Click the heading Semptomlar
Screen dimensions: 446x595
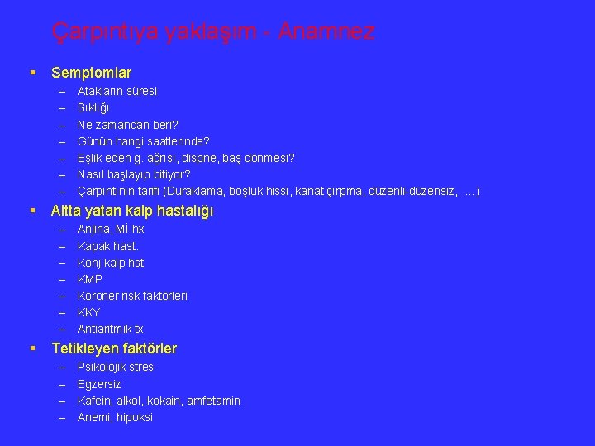click(x=91, y=74)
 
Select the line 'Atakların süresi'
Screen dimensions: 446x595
click(x=117, y=91)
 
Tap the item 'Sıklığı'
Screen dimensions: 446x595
click(x=93, y=107)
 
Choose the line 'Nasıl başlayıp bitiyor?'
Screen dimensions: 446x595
click(x=134, y=174)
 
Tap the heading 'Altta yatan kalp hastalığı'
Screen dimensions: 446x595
click(x=132, y=211)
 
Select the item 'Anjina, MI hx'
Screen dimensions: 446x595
click(x=111, y=229)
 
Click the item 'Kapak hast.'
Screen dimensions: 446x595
click(x=107, y=246)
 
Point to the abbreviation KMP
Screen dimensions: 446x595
click(x=90, y=279)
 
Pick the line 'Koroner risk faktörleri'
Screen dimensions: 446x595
click(x=132, y=296)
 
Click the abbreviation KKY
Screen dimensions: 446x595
click(x=88, y=312)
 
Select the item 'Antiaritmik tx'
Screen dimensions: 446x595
click(x=110, y=329)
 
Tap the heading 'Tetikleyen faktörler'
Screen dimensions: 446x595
click(x=114, y=349)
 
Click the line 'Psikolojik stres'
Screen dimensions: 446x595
click(x=115, y=367)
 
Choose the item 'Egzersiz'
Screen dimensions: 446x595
click(x=99, y=384)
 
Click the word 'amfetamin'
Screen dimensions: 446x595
click(x=213, y=401)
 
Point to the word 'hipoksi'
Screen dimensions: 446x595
click(x=135, y=417)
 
